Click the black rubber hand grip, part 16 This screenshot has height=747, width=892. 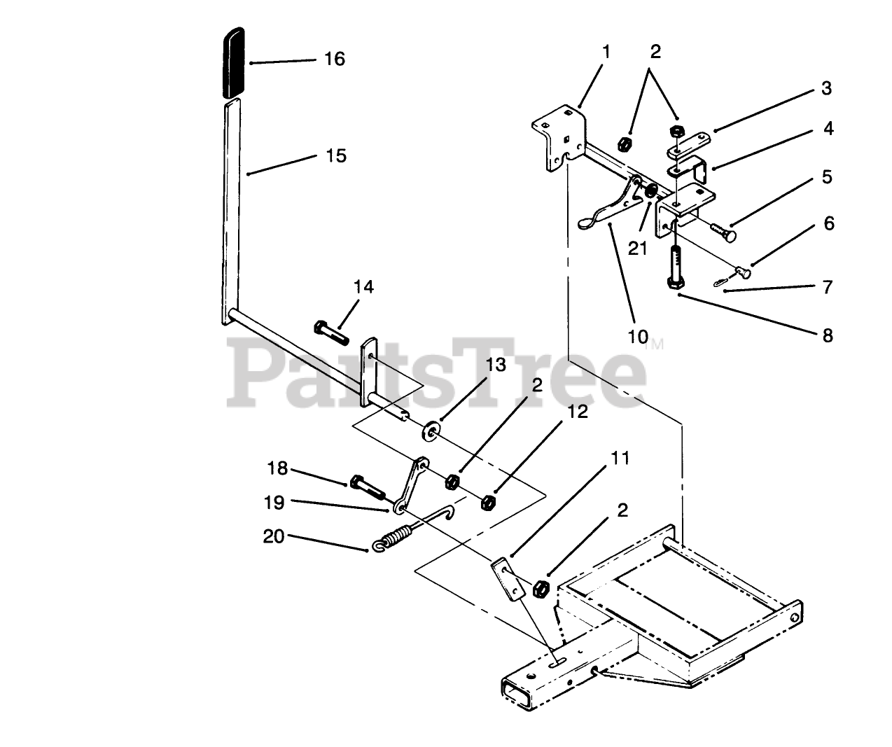tap(233, 63)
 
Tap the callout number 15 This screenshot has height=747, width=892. tap(336, 155)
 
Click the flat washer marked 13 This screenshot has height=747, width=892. tap(428, 428)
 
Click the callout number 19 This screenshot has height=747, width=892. tap(277, 502)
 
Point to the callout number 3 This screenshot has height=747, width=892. tap(826, 89)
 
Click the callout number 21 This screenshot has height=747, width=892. tap(637, 248)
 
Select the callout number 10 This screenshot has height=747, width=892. tap(637, 336)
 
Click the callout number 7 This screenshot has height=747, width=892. tap(828, 287)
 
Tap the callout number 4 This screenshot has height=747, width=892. tap(828, 129)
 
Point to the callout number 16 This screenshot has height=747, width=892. tap(335, 59)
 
